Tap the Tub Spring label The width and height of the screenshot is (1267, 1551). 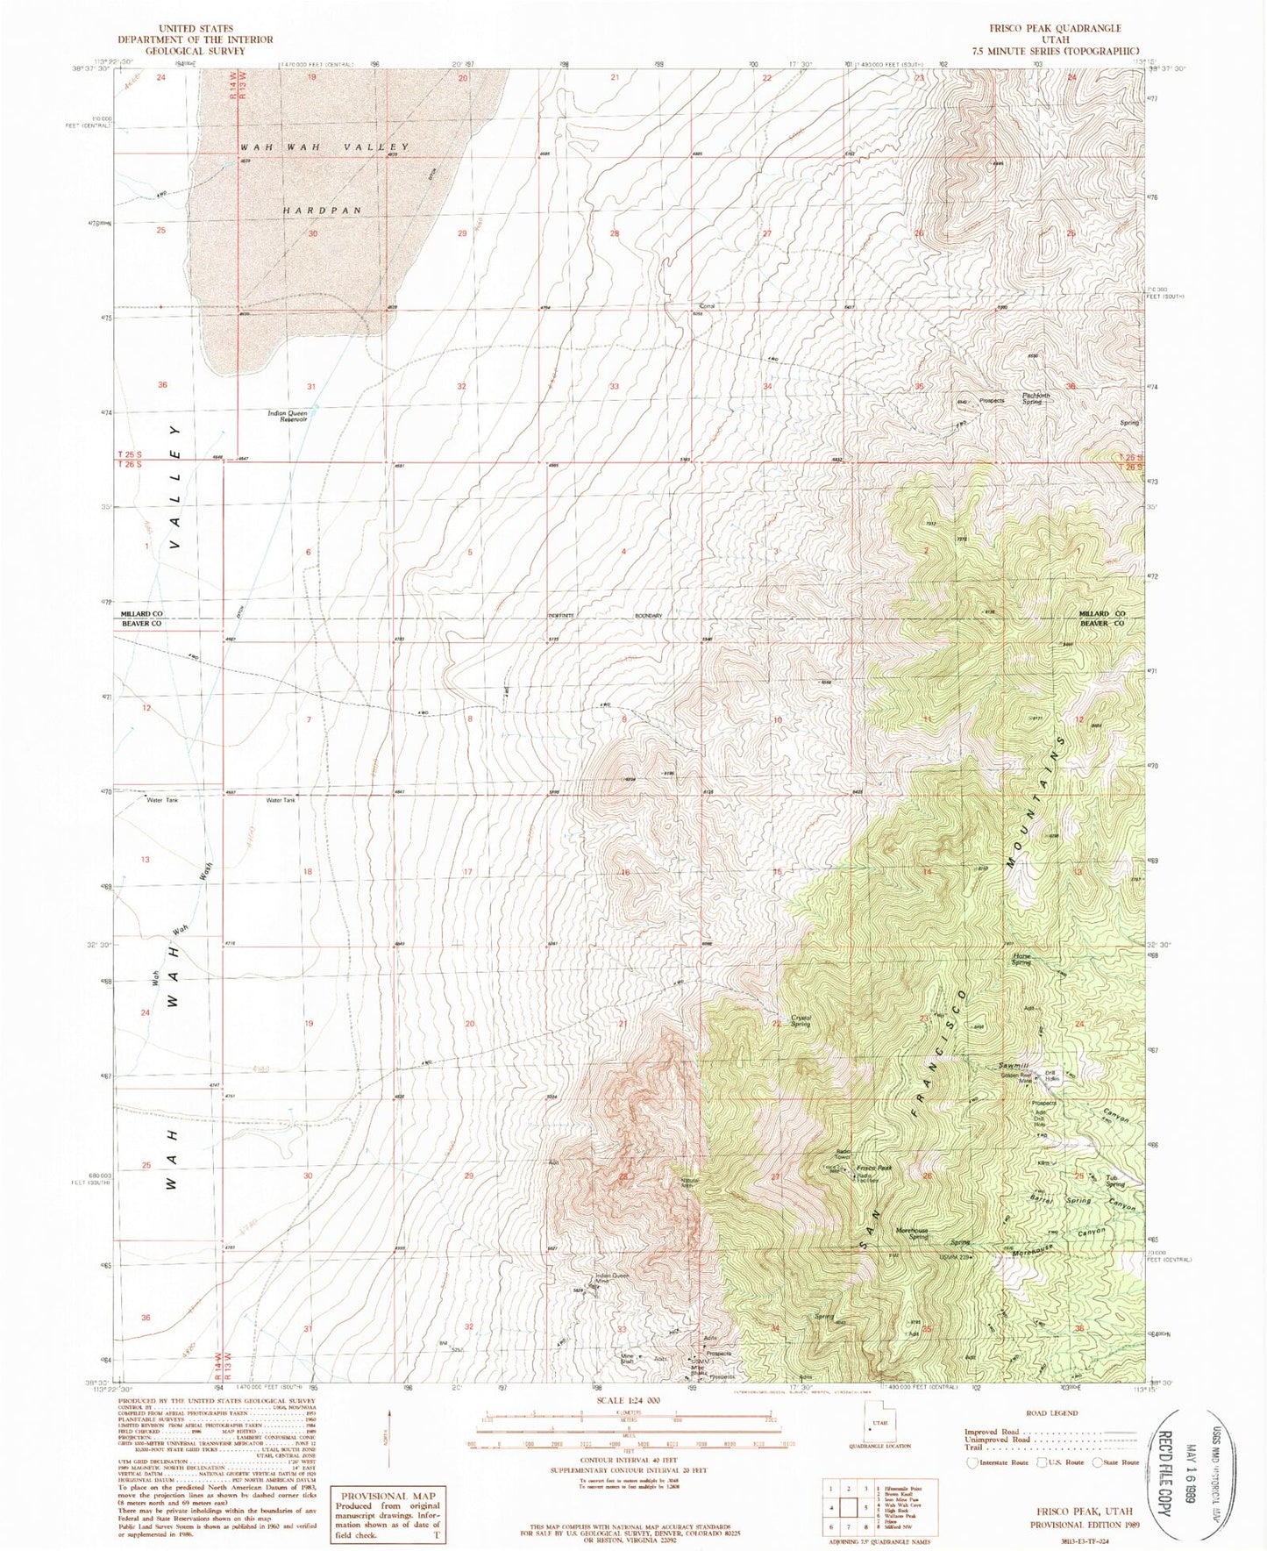(x=1114, y=1180)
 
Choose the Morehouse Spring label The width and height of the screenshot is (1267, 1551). (x=912, y=1233)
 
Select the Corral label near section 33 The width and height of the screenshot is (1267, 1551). (x=707, y=306)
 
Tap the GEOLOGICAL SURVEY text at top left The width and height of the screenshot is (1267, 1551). (x=196, y=51)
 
